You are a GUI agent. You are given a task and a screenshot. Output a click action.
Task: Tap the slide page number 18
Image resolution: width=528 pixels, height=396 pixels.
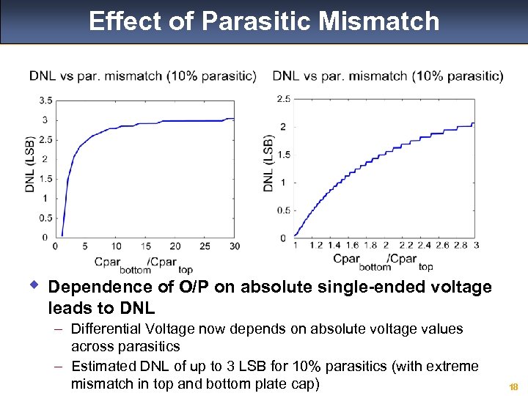(513, 386)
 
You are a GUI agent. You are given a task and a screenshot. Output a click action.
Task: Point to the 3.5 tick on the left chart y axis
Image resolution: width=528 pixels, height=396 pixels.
(45, 100)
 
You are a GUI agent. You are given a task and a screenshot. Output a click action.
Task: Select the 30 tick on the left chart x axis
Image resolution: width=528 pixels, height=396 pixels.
(234, 246)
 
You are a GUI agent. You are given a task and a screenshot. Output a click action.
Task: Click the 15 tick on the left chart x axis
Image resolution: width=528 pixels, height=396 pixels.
(145, 246)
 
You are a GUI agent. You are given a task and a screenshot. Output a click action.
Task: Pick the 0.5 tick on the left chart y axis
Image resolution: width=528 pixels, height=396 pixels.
(45, 218)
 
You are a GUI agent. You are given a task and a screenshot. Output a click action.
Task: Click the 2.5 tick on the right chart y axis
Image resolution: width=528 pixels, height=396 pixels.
(283, 99)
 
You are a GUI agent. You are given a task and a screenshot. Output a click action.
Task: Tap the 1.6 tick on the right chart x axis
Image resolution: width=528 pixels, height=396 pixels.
(352, 246)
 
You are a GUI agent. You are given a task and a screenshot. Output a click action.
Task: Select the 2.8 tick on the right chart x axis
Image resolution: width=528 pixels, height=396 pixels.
(460, 246)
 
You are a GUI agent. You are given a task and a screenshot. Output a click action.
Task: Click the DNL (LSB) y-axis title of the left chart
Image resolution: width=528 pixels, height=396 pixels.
(31, 164)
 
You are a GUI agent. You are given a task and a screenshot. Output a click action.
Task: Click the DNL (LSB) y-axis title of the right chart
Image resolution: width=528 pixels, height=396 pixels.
(268, 163)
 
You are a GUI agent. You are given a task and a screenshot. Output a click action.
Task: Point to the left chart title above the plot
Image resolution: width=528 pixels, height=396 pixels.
(143, 76)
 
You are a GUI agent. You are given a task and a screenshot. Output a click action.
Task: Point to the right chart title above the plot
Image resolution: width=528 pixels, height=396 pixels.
(388, 76)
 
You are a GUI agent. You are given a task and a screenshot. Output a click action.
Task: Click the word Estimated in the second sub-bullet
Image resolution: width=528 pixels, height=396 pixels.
(100, 366)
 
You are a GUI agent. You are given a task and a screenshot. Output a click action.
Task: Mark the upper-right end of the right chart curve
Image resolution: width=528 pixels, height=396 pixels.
(474, 123)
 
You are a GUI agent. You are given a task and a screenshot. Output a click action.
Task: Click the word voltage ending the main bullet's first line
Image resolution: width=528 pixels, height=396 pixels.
(462, 287)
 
